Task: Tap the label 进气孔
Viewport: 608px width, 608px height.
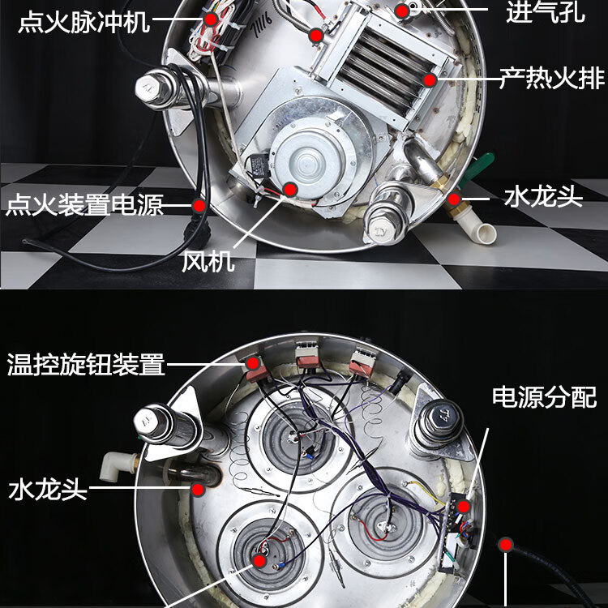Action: (x=545, y=13)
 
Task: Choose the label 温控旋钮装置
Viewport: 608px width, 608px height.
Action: (x=85, y=364)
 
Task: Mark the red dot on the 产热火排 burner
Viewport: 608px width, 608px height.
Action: (x=430, y=79)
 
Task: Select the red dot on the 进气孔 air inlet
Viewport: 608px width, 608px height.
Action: (x=402, y=11)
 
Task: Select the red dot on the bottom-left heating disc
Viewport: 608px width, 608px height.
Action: (x=259, y=560)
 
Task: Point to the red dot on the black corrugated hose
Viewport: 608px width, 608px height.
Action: (x=505, y=545)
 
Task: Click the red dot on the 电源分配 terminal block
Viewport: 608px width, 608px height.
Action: (x=463, y=507)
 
